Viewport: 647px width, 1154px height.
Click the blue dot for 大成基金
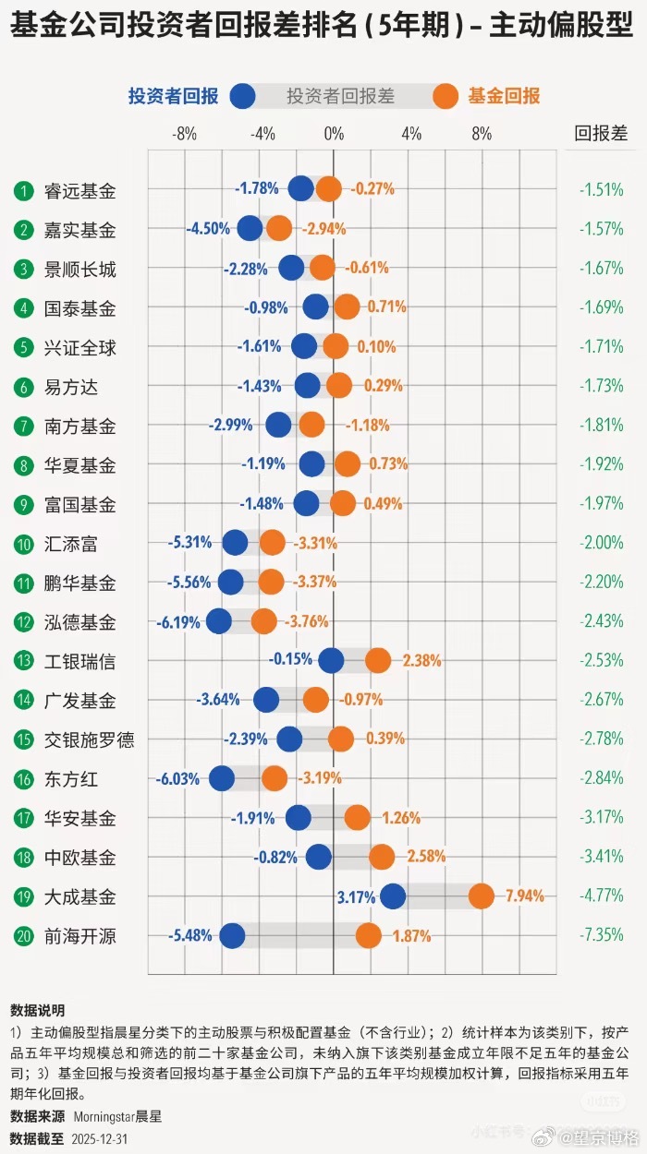pos(393,896)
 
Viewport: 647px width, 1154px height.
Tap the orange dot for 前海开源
pos(368,936)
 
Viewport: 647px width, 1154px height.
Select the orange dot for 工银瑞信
pos(378,661)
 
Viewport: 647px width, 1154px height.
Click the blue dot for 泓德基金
pos(219,621)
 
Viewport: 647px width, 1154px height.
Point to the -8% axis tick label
pos(185,134)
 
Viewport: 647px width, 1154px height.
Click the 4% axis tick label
pos(411,134)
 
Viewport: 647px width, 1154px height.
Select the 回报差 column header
pos(601,133)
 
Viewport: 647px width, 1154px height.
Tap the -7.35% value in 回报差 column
pos(601,936)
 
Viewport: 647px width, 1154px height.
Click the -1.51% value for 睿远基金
pos(601,190)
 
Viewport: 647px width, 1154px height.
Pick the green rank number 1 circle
pos(23,191)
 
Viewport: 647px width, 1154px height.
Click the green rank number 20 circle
pos(23,936)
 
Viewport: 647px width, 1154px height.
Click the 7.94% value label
pos(524,896)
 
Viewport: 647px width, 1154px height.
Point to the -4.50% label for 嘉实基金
pos(208,229)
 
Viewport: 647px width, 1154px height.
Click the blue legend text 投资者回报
pos(173,96)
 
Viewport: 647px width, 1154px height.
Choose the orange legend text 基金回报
pos(504,96)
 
